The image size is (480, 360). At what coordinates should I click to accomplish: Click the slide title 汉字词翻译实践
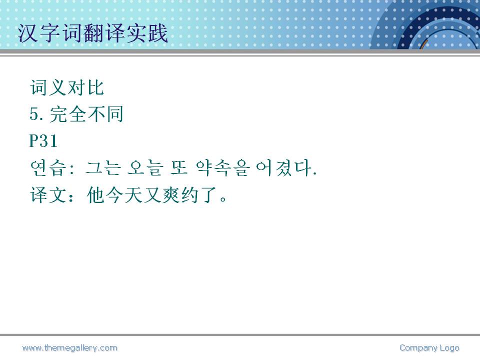93,33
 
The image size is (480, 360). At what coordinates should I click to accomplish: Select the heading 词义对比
67,87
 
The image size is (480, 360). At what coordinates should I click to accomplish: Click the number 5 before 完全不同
34,114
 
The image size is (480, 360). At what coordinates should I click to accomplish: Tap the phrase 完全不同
86,114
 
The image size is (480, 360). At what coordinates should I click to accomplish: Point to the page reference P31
43,141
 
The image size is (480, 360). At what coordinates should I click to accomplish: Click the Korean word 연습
48,168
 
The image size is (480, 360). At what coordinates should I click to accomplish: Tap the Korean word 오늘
144,168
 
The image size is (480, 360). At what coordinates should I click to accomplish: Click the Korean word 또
179,168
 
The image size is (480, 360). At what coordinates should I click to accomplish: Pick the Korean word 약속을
223,168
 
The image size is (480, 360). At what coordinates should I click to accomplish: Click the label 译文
48,195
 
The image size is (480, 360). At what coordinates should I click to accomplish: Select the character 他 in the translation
96,195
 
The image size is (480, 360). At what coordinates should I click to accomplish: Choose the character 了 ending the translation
209,195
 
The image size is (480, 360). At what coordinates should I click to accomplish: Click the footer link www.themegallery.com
70,348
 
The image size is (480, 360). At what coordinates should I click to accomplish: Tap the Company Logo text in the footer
429,348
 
